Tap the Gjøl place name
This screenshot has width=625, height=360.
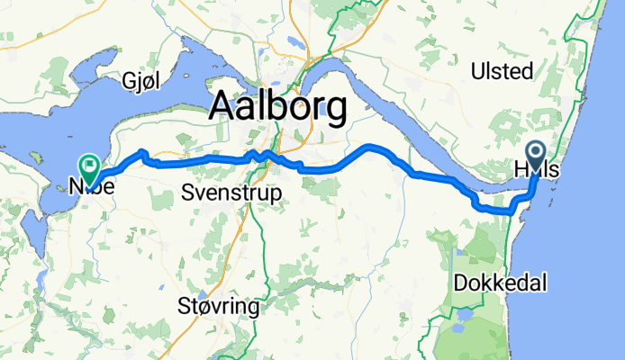pos(142,83)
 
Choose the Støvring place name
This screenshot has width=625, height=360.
pos(220,307)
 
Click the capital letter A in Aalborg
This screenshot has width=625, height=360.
pos(222,108)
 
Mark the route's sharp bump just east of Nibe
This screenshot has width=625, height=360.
pos(141,152)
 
